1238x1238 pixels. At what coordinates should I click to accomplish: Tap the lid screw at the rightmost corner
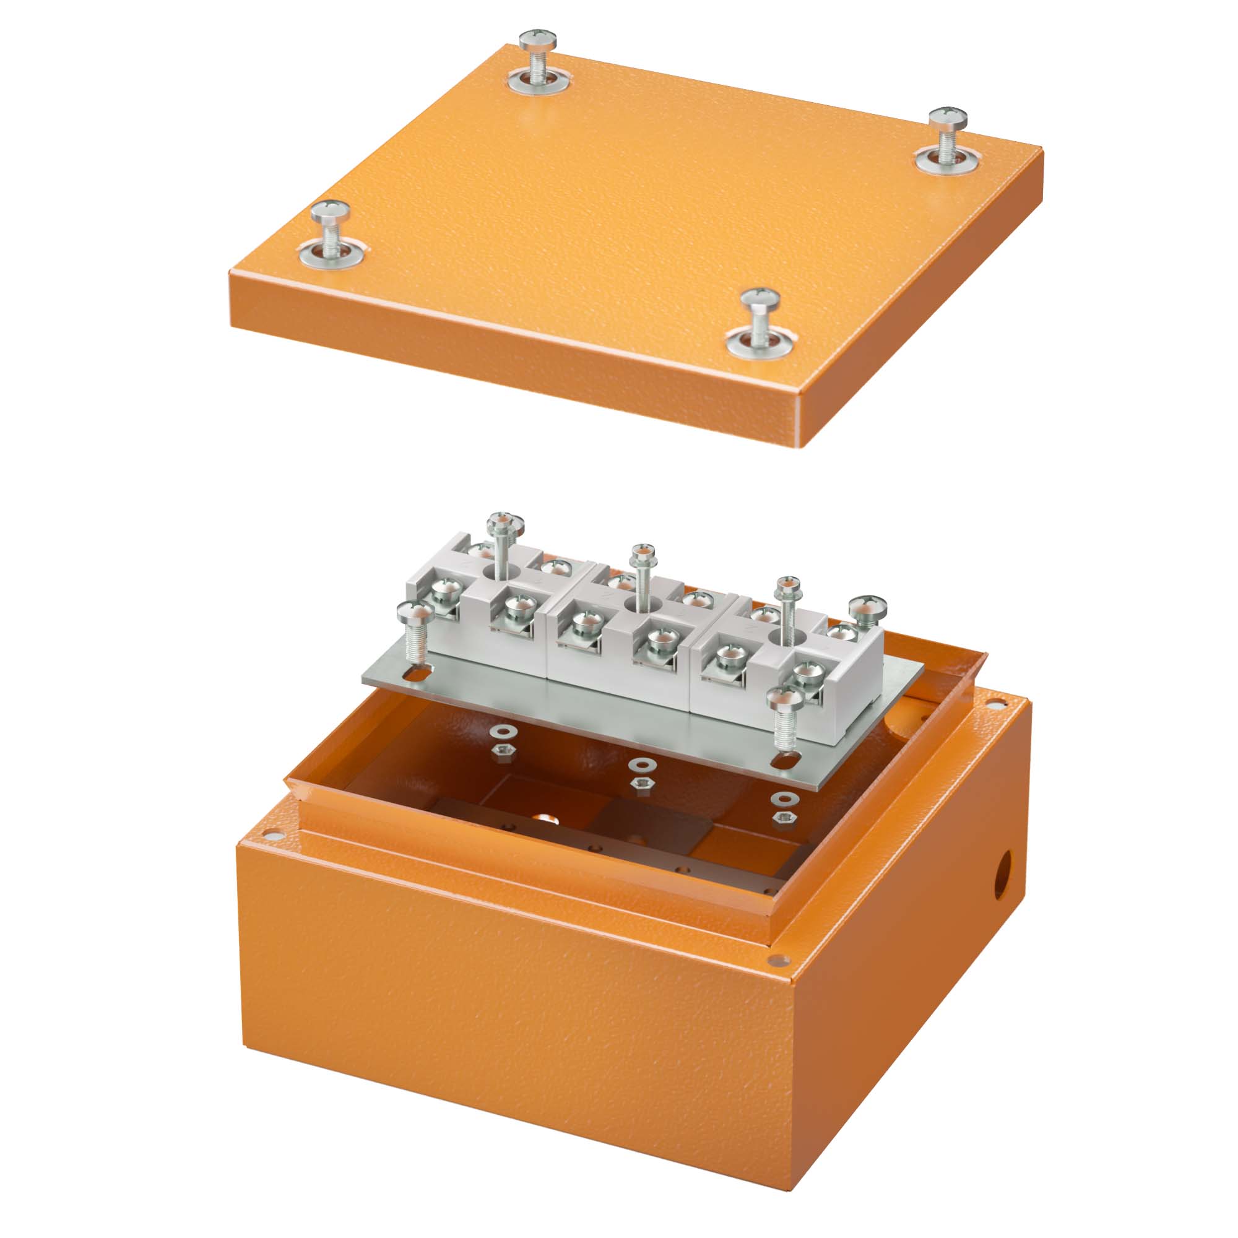tap(948, 119)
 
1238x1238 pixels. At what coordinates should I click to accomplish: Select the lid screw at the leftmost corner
tap(331, 211)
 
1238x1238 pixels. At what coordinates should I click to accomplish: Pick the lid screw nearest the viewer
tap(761, 299)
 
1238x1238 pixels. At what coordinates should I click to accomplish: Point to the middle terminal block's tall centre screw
tap(643, 552)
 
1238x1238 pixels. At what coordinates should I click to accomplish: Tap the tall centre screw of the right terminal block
tap(788, 585)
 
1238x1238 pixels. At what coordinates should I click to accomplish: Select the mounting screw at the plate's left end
tap(415, 615)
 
